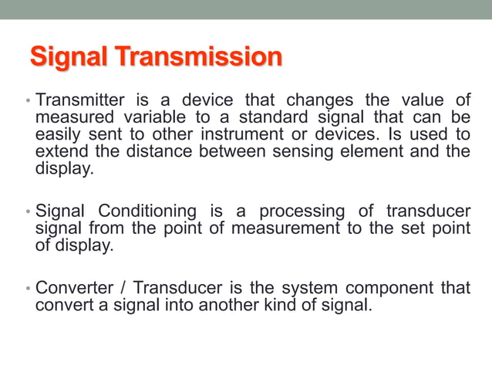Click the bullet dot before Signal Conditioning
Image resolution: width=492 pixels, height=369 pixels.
pyautogui.click(x=28, y=212)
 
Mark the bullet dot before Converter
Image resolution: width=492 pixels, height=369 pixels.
pyautogui.click(x=28, y=289)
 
